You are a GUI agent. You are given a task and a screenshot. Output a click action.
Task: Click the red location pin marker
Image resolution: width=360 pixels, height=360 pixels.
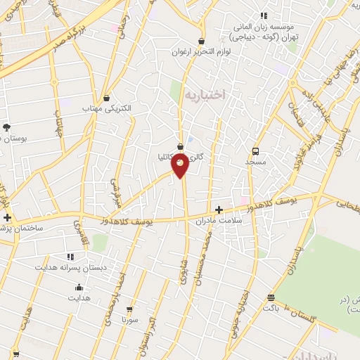coord(181,165)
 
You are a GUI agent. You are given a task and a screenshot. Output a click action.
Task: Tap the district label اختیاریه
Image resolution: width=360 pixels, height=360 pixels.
coord(204,94)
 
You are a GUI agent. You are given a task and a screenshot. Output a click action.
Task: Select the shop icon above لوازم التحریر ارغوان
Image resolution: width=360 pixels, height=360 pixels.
coord(202,41)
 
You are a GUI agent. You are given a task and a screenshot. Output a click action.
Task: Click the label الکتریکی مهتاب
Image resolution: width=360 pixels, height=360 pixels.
coord(106,108)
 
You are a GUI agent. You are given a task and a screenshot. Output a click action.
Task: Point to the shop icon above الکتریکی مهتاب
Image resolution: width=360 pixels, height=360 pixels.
coord(106,98)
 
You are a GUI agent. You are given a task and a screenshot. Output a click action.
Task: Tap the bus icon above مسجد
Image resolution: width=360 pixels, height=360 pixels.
coord(255,151)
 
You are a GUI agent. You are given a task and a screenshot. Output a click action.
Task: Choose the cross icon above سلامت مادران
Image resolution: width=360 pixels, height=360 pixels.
coord(219,210)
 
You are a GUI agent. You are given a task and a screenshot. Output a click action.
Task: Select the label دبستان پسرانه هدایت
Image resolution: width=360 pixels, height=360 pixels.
coord(69,268)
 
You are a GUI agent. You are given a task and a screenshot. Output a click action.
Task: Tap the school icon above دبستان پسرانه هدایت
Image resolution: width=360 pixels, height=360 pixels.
coord(69,257)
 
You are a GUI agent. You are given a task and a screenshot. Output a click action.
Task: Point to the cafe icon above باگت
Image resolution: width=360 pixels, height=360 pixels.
coord(271,297)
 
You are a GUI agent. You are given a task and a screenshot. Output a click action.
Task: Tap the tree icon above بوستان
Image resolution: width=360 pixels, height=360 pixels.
coord(7,127)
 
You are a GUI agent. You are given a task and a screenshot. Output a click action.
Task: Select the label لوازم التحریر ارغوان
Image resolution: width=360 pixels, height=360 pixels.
coord(202,52)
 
